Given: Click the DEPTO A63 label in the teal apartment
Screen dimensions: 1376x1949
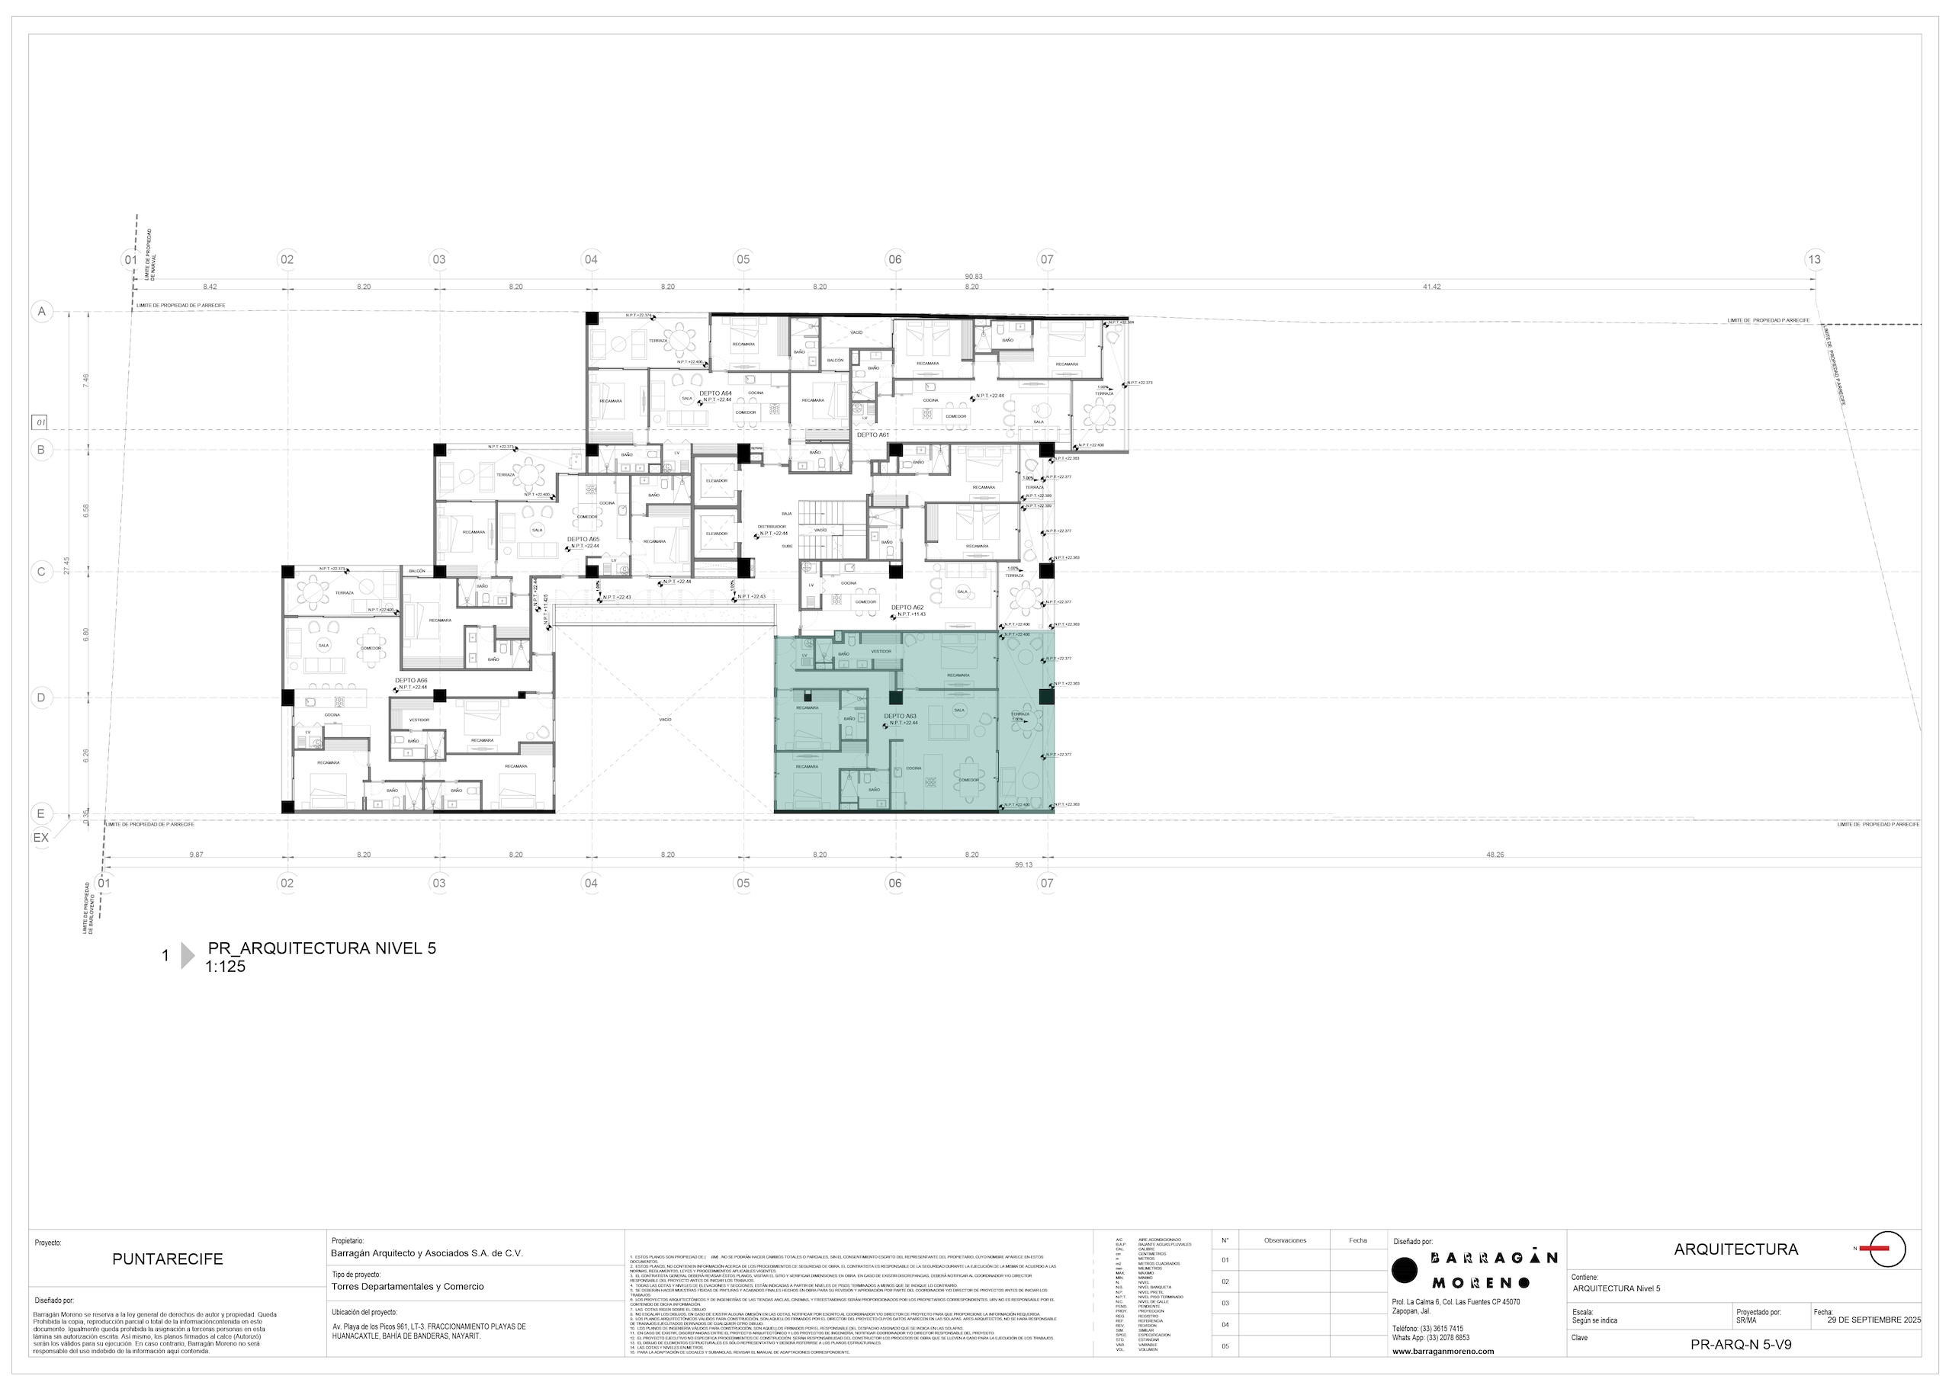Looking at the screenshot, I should (900, 716).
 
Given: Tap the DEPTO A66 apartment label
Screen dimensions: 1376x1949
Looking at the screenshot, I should (411, 680).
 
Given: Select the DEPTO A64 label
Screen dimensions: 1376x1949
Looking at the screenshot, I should (714, 393).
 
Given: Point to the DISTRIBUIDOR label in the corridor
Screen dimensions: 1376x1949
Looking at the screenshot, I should (772, 526).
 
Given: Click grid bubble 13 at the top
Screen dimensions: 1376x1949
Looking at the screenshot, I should (1814, 259).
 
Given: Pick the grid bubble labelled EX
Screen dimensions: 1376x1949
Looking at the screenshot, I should (40, 837).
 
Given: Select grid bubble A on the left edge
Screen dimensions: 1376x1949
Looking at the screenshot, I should (40, 312).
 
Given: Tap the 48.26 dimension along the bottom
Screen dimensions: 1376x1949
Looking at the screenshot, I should (1495, 855).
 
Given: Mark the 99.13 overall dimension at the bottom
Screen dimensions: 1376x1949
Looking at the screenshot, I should (1024, 865).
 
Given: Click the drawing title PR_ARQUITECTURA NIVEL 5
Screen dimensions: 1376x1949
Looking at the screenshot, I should (322, 948).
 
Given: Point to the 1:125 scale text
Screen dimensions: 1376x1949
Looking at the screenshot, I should (225, 966).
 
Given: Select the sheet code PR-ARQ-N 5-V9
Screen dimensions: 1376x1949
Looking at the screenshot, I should (1741, 1345).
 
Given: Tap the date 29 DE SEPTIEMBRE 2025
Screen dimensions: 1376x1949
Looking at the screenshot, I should (1874, 1320).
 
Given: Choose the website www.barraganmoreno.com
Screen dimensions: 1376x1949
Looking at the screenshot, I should (1443, 1351).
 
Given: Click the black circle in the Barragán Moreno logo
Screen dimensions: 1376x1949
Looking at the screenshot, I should (1405, 1270).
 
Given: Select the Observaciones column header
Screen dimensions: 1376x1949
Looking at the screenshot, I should (1284, 1240).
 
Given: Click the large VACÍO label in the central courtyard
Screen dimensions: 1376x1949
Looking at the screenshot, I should (665, 720).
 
